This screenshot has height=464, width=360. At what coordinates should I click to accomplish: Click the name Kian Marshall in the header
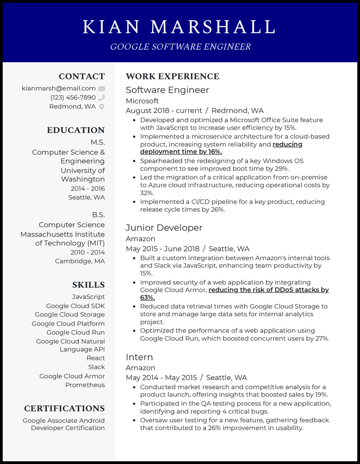pyautogui.click(x=180, y=27)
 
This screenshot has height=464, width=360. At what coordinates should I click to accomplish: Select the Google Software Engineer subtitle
pyautogui.click(x=180, y=47)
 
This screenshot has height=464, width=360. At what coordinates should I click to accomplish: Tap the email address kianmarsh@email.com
pyautogui.click(x=58, y=89)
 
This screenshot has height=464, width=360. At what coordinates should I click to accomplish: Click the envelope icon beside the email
pyautogui.click(x=102, y=89)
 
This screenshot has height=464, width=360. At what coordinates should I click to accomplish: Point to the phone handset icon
pyautogui.click(x=102, y=98)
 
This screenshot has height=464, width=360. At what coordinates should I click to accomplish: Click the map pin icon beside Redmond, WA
pyautogui.click(x=102, y=107)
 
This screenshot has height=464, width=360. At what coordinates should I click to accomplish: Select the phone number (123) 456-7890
pyautogui.click(x=73, y=98)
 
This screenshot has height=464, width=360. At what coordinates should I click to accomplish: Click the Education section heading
pyautogui.click(x=76, y=130)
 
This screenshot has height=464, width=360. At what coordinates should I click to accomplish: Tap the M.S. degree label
pyautogui.click(x=97, y=142)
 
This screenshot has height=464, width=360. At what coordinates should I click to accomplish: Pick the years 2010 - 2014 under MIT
pyautogui.click(x=88, y=252)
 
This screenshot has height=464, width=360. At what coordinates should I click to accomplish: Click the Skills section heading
pyautogui.click(x=88, y=285)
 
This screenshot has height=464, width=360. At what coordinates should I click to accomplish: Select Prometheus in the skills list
pyautogui.click(x=85, y=385)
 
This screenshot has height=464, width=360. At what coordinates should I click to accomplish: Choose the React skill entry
pyautogui.click(x=96, y=358)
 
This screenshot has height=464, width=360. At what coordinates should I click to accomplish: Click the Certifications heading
pyautogui.click(x=64, y=408)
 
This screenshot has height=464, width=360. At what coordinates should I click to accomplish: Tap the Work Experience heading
pyautogui.click(x=173, y=76)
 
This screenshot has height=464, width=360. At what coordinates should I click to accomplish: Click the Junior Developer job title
pyautogui.click(x=164, y=228)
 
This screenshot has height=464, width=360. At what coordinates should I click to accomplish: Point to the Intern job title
pyautogui.click(x=139, y=357)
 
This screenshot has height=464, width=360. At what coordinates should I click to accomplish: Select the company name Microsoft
pyautogui.click(x=142, y=101)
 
